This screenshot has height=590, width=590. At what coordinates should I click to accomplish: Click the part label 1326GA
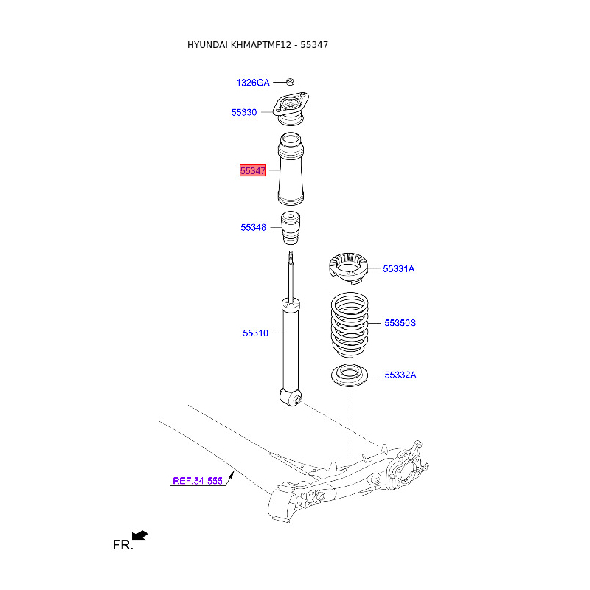pos(253,83)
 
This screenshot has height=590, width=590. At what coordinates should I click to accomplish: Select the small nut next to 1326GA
pos(290,82)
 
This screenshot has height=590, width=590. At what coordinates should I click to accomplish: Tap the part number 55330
pos(244,112)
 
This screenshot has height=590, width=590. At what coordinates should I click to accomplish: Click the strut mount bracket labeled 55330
pos(291,109)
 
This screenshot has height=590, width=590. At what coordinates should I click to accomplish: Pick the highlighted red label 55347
pos(252,170)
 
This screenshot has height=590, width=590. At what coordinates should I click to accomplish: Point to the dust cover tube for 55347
pos(291,169)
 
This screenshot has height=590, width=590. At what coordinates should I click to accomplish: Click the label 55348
pos(253,227)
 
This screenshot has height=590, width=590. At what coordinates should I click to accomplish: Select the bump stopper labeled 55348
pos(291,228)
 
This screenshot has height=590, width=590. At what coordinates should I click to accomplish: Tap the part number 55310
pos(255,333)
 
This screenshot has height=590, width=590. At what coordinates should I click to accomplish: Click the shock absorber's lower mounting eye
pos(291,397)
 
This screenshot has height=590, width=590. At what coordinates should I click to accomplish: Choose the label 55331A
pos(398,268)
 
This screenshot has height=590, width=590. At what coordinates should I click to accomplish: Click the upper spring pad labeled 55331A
pos(348,268)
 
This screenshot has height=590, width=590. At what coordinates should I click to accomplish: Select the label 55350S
pos(400,323)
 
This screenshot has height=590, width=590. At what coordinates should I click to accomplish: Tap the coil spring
pos(350,325)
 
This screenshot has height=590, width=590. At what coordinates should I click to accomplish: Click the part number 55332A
pos(400,375)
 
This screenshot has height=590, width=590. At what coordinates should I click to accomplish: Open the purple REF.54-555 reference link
pos(198,481)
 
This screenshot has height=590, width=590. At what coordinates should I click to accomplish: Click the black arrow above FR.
pos(140,535)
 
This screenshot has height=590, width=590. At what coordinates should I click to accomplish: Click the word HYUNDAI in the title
pos(207,45)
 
